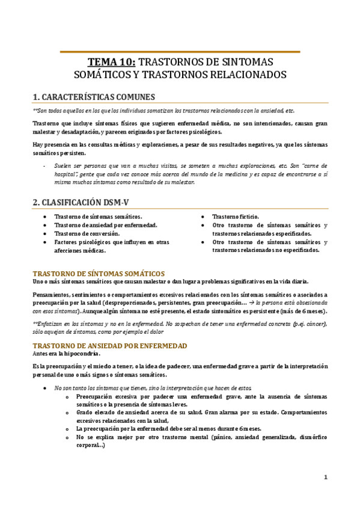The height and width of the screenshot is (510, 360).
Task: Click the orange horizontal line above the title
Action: (180, 52)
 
